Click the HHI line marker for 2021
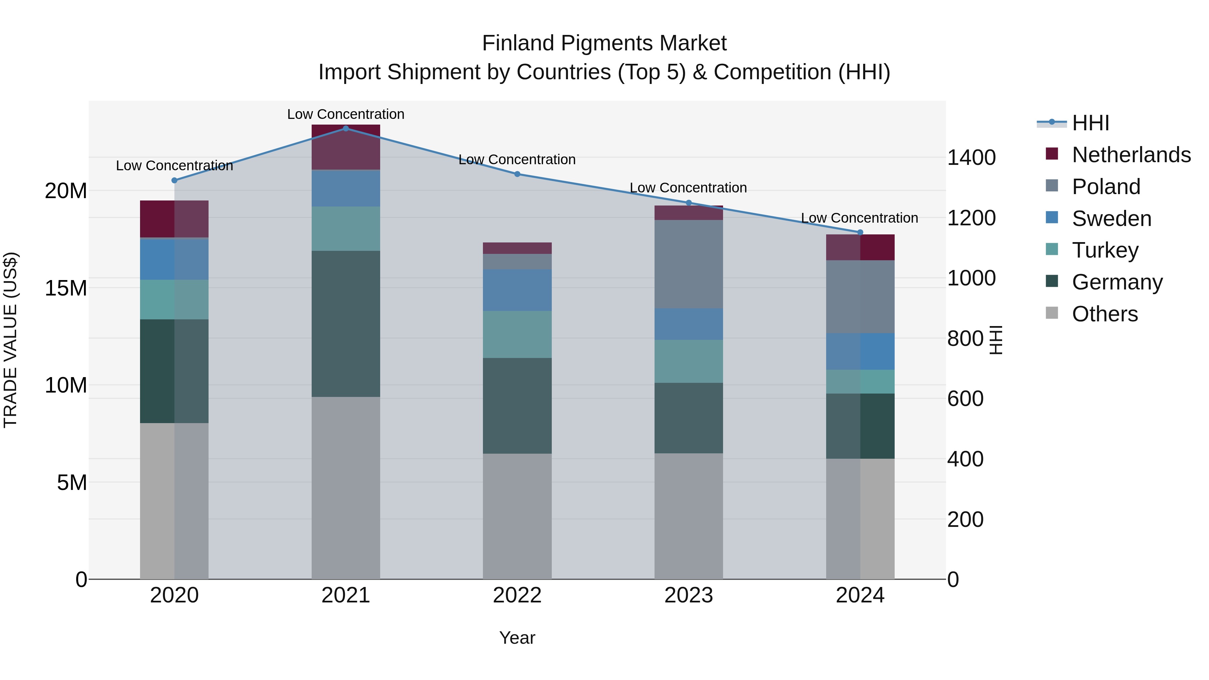coord(346,129)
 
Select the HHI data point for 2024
coord(860,232)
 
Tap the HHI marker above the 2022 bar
coord(517,174)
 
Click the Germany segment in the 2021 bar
coord(346,324)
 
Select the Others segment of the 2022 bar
coord(517,516)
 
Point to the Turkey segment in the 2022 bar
coord(517,334)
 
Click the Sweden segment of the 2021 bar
coord(346,188)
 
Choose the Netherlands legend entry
coord(1131,155)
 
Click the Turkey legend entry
coord(1105,250)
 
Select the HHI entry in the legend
coord(1090,123)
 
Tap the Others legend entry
coord(1105,314)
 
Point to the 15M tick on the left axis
coord(66,288)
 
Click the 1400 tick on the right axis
coord(971,158)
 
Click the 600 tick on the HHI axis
coord(966,399)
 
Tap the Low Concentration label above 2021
coord(346,114)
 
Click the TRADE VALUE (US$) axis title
coord(10,340)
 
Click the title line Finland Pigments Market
coord(604,43)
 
